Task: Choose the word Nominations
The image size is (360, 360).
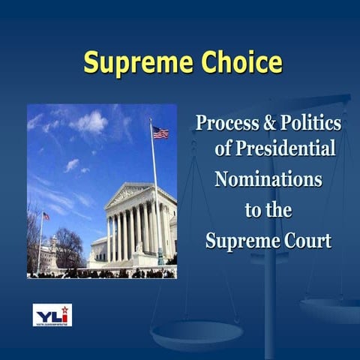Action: (x=268, y=180)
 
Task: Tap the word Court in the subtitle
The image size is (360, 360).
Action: (x=301, y=242)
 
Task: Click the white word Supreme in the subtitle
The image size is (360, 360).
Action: (x=238, y=242)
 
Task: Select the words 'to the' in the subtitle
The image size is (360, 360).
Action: (x=268, y=211)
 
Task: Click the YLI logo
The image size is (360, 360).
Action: (x=52, y=314)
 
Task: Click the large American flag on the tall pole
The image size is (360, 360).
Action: (x=160, y=132)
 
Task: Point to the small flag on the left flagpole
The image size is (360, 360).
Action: (x=46, y=216)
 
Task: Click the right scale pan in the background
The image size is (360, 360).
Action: (x=330, y=307)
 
